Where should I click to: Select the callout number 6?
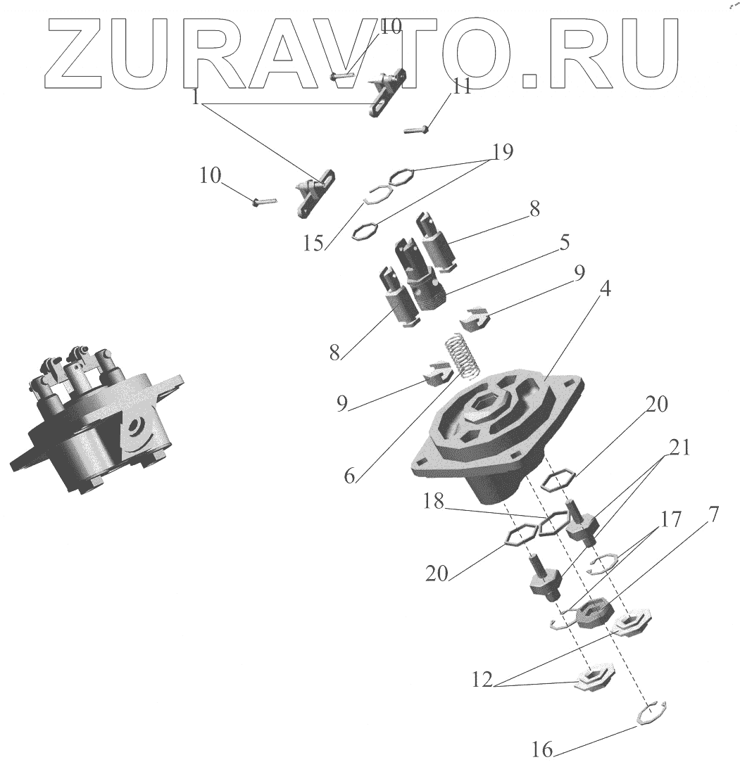(x=350, y=476)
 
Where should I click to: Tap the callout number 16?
(x=542, y=750)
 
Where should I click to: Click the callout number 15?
(x=314, y=243)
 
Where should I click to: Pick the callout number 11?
(x=462, y=87)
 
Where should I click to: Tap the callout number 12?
(x=483, y=681)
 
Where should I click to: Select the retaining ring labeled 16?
(x=651, y=712)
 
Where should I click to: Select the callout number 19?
(x=503, y=151)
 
